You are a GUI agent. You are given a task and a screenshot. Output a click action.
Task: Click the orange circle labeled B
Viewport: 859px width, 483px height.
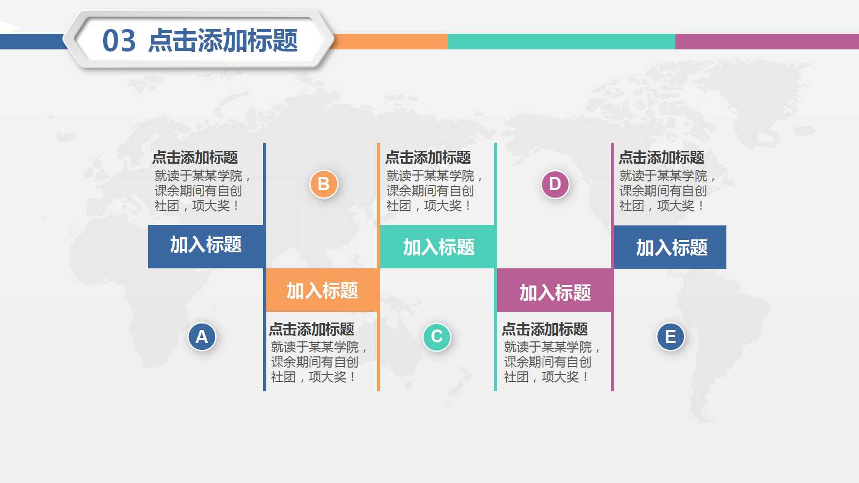(324, 184)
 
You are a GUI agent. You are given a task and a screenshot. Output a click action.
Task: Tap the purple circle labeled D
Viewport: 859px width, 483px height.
(555, 184)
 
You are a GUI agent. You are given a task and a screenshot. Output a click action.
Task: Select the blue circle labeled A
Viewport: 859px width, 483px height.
(202, 336)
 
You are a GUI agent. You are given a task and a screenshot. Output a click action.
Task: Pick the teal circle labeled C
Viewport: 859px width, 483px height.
(437, 336)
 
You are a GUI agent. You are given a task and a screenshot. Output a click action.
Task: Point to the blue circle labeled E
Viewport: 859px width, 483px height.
(671, 336)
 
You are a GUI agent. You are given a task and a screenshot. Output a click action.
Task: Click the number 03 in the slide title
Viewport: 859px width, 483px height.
(119, 41)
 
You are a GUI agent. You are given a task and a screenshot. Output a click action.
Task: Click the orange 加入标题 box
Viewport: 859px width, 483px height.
(322, 290)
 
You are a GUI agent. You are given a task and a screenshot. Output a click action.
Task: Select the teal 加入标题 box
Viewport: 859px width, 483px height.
(438, 247)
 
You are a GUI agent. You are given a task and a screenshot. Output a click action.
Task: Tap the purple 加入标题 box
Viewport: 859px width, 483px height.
(555, 292)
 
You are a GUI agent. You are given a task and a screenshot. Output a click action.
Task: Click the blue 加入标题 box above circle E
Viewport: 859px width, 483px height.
(671, 247)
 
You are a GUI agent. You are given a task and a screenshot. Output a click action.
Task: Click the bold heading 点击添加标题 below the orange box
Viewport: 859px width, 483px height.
(311, 329)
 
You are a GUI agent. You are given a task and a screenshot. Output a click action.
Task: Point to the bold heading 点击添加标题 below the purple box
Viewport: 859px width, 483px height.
(544, 329)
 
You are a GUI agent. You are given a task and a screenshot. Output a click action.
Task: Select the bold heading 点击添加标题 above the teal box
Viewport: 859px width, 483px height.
(428, 157)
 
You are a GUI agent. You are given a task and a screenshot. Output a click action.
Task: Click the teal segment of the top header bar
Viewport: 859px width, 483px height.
(561, 41)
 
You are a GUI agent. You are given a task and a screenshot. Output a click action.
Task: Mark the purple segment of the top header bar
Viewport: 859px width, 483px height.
(767, 41)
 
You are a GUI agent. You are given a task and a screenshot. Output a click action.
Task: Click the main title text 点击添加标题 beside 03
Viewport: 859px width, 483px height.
(223, 41)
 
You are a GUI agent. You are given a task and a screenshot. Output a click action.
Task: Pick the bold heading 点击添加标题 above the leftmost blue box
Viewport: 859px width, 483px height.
(195, 157)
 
